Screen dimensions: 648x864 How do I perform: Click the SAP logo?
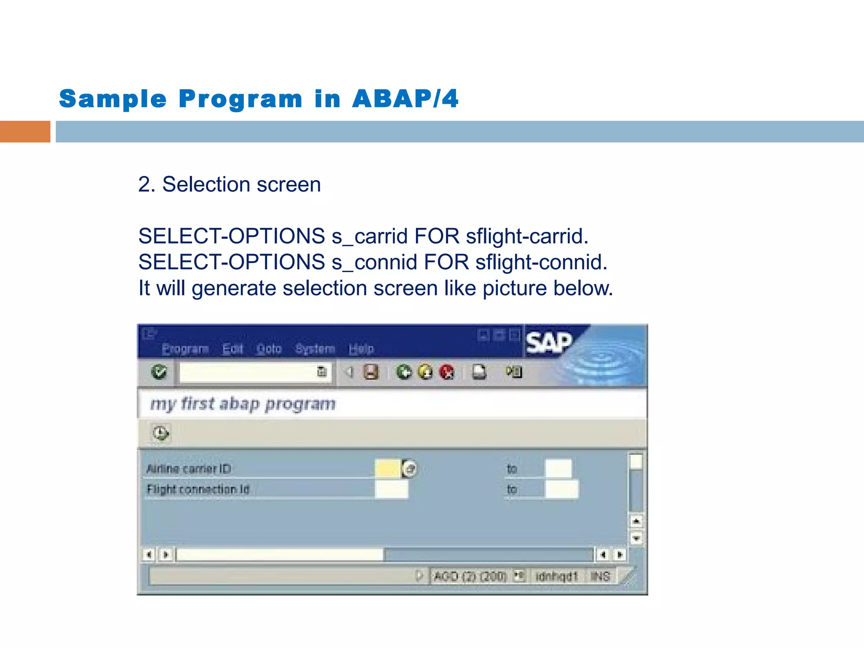548,342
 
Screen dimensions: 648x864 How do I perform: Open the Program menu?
185,349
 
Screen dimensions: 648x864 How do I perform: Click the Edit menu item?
232,349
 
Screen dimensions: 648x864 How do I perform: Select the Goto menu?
269,349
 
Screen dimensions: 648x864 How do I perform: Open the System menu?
315,349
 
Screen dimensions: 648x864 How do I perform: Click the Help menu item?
361,349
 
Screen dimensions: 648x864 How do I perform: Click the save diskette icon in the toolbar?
371,372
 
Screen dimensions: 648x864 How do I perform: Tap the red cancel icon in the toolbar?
447,372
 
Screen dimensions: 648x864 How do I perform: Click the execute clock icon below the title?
161,433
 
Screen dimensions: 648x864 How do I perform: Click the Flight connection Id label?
198,489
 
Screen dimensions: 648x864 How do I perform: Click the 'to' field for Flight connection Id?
562,489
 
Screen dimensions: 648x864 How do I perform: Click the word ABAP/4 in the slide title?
405,99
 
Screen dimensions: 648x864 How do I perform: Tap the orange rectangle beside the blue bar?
25,132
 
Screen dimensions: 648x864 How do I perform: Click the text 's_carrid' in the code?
370,236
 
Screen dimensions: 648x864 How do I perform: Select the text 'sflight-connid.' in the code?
541,262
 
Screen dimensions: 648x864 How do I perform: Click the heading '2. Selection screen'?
229,185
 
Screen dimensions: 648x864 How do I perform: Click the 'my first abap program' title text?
243,404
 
